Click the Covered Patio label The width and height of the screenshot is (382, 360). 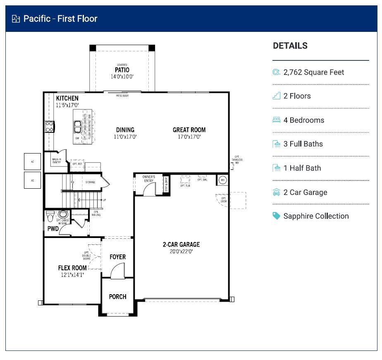122,70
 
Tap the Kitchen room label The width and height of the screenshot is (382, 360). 67,98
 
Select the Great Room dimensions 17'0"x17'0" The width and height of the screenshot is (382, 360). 189,137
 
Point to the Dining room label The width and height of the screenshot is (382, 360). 125,130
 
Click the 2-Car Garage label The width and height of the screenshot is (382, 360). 181,244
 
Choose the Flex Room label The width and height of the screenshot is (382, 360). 72,268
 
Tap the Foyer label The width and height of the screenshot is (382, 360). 117,257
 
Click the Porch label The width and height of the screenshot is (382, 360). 117,296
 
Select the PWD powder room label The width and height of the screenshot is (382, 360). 53,228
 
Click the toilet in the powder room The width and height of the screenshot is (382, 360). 50,216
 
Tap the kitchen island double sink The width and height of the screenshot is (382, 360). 78,125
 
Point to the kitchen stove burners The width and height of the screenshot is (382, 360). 49,127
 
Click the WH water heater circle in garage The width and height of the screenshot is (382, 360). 222,180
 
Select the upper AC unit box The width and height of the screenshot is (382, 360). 33,161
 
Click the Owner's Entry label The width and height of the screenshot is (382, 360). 148,179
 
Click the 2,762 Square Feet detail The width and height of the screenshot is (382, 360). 314,72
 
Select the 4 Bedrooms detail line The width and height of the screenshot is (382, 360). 304,120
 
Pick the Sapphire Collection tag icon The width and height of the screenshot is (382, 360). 276,216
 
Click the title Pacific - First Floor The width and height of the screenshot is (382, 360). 60,19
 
